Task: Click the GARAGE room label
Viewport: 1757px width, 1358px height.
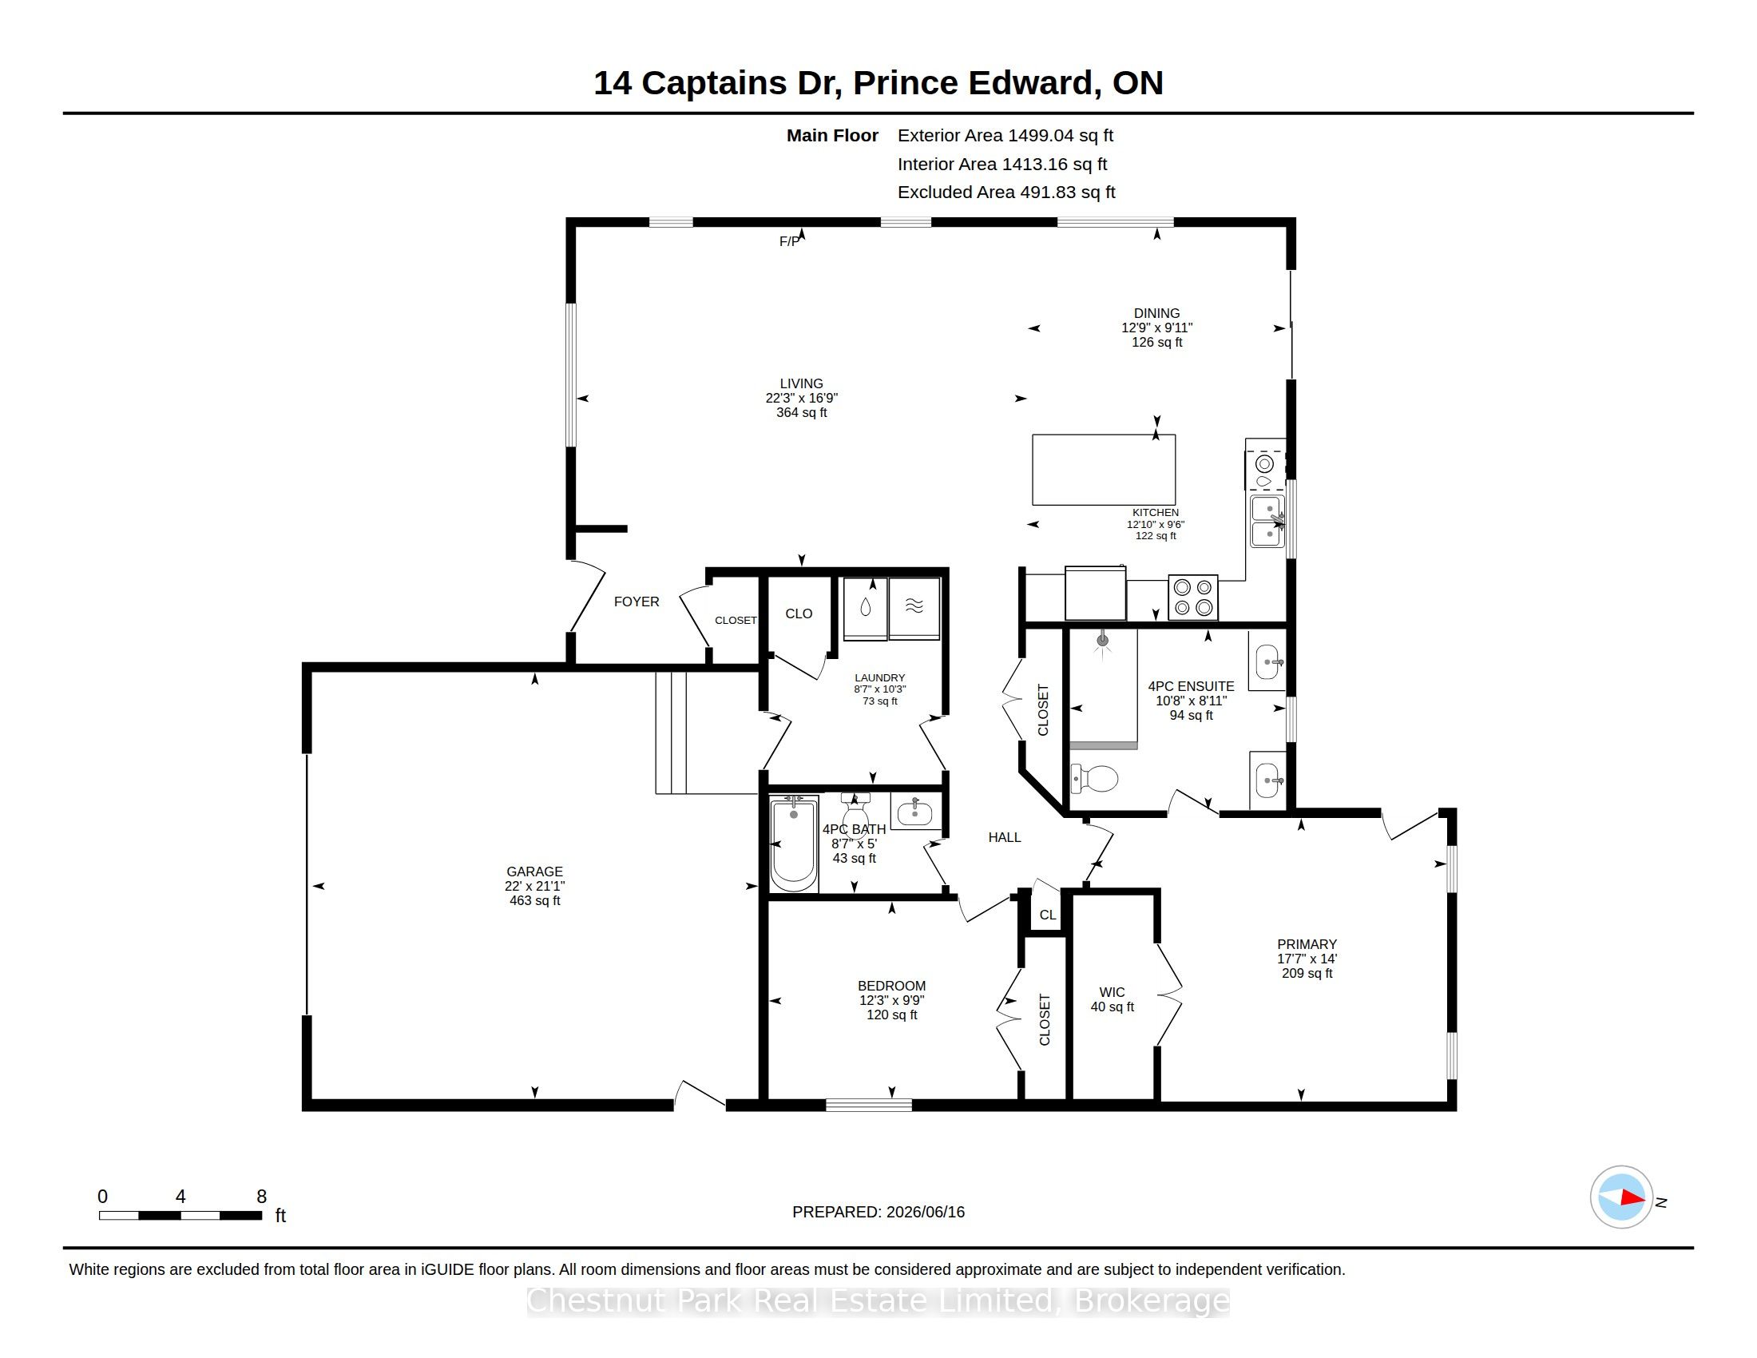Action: pyautogui.click(x=534, y=872)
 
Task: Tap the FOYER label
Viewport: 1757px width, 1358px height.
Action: pyautogui.click(x=637, y=602)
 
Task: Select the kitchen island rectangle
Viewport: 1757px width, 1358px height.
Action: pyautogui.click(x=1104, y=470)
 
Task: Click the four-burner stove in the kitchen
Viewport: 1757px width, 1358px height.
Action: pyautogui.click(x=1193, y=598)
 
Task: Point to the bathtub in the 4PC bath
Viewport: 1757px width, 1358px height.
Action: pyautogui.click(x=794, y=844)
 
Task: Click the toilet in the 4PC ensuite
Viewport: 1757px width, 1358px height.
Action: pyautogui.click(x=1095, y=779)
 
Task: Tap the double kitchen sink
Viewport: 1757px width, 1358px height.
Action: pyautogui.click(x=1268, y=522)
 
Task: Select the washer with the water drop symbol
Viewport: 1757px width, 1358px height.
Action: pyautogui.click(x=866, y=609)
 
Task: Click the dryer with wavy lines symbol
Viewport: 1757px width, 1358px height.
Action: pyautogui.click(x=914, y=609)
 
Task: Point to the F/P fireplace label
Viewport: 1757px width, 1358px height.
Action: pyautogui.click(x=789, y=241)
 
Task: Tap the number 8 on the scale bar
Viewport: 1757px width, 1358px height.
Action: pyautogui.click(x=261, y=1197)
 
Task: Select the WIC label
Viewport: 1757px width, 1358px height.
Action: pyautogui.click(x=1112, y=992)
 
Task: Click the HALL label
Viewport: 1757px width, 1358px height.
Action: pyautogui.click(x=1004, y=837)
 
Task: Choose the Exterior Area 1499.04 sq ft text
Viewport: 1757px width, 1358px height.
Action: pyautogui.click(x=1005, y=135)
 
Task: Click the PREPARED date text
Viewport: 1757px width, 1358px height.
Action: pyautogui.click(x=878, y=1212)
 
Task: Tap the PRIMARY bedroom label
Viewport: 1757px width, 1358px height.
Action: pyautogui.click(x=1307, y=944)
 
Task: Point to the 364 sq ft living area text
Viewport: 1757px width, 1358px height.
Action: pyautogui.click(x=801, y=413)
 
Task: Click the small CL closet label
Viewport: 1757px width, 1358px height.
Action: pyautogui.click(x=1048, y=915)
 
